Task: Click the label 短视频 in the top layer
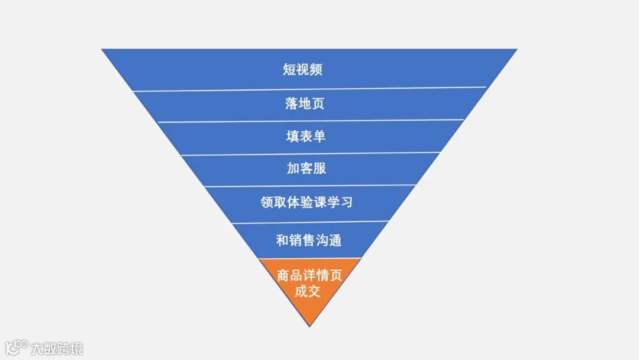point(302,69)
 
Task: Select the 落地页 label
point(305,104)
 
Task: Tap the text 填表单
point(306,136)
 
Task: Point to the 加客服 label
point(306,169)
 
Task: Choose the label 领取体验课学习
point(306,202)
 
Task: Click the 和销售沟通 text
point(308,240)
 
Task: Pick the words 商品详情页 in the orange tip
point(309,275)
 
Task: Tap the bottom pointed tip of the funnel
point(309,325)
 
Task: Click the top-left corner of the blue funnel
point(103,50)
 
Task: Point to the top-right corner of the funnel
point(516,50)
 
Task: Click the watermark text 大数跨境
point(57,348)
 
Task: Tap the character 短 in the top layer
point(289,69)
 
